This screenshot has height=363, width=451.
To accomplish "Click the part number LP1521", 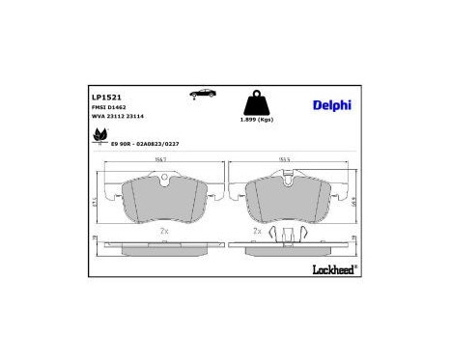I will click(x=105, y=97).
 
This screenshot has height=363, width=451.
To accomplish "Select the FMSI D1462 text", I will click(x=109, y=108).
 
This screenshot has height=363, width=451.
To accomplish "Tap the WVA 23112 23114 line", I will click(x=119, y=118).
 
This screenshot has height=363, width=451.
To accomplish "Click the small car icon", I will click(x=203, y=94).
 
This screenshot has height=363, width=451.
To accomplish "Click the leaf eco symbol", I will click(x=99, y=139).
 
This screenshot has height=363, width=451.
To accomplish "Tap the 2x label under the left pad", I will click(x=164, y=232).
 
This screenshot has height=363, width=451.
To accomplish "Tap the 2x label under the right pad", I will click(x=258, y=232).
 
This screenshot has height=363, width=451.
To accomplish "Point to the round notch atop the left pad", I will click(x=164, y=179).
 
